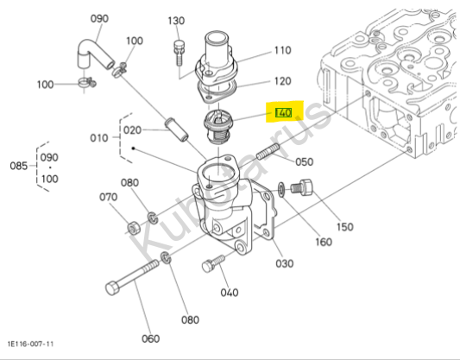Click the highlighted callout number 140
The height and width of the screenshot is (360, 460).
coord(283,113)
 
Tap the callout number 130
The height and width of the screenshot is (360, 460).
coord(176,21)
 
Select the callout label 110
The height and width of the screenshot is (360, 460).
coord(282,50)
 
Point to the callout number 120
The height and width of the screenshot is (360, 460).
coord(282,81)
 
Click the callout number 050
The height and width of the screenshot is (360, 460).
coord(305,161)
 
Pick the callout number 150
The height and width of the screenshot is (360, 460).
coord(344,227)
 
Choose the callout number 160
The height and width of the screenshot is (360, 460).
coord(324,242)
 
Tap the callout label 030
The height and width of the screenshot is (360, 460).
coord(284,263)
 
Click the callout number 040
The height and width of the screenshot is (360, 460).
coord(230,293)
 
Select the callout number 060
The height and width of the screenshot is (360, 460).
coord(150,339)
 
